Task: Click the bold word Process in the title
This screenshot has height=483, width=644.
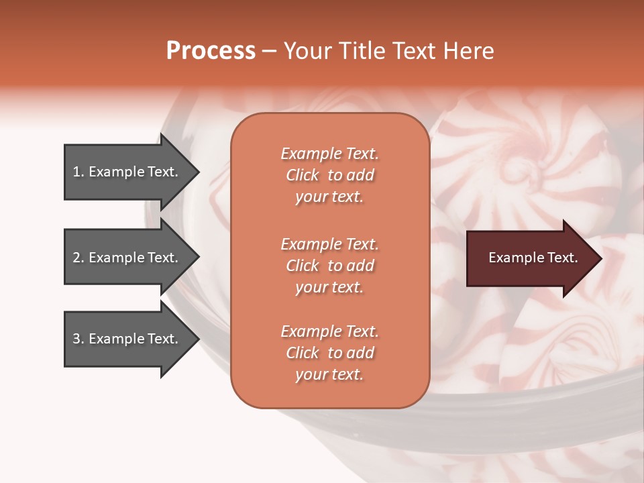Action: (x=211, y=51)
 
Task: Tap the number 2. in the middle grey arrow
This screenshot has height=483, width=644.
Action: (x=78, y=258)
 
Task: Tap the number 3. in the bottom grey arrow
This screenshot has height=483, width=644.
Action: (x=78, y=339)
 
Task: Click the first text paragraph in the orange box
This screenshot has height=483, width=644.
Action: (x=329, y=175)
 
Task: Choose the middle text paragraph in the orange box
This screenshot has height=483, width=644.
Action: (x=329, y=266)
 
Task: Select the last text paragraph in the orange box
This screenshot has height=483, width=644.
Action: (x=329, y=353)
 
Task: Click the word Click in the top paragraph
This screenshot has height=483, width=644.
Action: (x=303, y=175)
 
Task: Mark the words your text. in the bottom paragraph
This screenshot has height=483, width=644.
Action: (x=329, y=374)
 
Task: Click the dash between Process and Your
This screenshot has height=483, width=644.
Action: (x=270, y=51)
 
